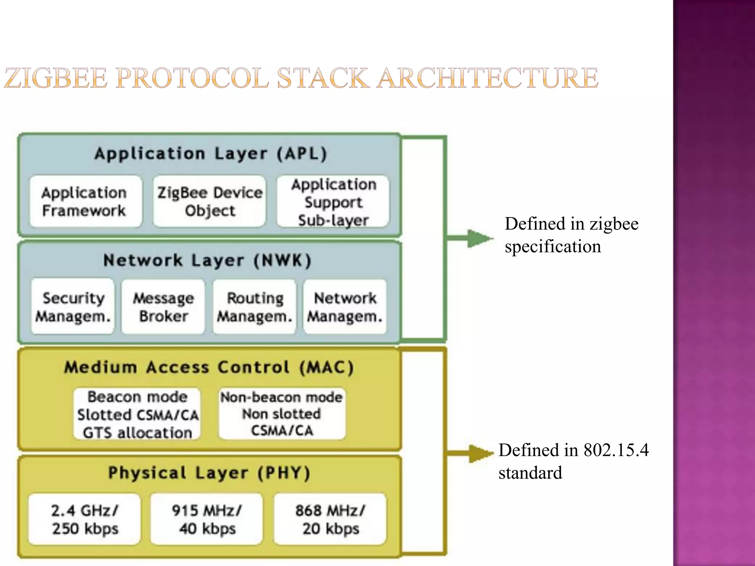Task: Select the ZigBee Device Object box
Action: coord(209,202)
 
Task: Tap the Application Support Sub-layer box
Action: coord(333,202)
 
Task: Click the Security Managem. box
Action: coord(73,307)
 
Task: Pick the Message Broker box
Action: coord(163,307)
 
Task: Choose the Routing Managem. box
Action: coord(254,307)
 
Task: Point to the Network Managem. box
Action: coord(345,307)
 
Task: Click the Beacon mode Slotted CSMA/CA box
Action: coord(137,414)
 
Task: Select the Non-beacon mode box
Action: coord(282,413)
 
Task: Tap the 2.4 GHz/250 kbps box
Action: coord(85,519)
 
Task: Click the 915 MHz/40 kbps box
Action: coord(207,519)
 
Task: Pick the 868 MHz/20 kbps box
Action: coord(330,519)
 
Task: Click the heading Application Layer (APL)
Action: coord(211,154)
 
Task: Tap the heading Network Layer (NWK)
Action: coord(207,261)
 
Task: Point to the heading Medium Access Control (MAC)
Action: coord(209,367)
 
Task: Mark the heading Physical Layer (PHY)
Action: coord(209,473)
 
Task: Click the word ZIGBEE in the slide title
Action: coord(55,78)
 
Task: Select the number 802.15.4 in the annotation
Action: coord(615,450)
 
